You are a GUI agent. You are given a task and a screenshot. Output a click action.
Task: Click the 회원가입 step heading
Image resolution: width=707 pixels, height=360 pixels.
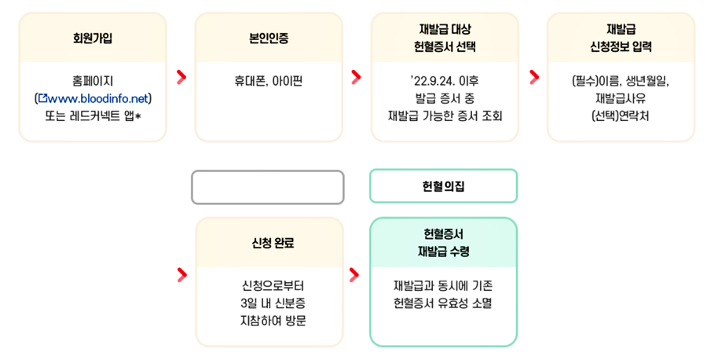click(92, 37)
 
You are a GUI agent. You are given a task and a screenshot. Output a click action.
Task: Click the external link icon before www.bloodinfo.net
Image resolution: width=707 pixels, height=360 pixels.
click(43, 98)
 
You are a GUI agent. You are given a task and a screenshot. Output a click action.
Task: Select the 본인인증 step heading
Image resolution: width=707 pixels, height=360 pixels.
click(268, 37)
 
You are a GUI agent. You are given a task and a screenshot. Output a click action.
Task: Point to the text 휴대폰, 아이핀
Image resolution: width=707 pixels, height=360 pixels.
click(268, 80)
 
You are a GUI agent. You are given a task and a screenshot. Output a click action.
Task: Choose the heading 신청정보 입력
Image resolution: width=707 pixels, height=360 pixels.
click(621, 46)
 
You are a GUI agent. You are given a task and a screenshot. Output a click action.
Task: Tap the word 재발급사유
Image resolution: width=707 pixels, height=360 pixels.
click(621, 98)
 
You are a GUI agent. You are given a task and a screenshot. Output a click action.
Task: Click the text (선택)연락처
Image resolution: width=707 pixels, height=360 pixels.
click(621, 116)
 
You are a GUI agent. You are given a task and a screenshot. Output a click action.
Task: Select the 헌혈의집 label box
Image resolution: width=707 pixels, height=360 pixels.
click(443, 186)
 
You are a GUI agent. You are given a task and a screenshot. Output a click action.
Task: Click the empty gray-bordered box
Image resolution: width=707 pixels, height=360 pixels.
click(268, 187)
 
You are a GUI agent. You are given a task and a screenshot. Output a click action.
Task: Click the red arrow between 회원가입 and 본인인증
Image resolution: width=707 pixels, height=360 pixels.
click(181, 76)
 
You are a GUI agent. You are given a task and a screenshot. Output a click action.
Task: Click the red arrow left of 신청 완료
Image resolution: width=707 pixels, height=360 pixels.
click(181, 274)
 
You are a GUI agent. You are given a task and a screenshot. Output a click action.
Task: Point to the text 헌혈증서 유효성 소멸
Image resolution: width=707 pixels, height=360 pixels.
click(443, 303)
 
